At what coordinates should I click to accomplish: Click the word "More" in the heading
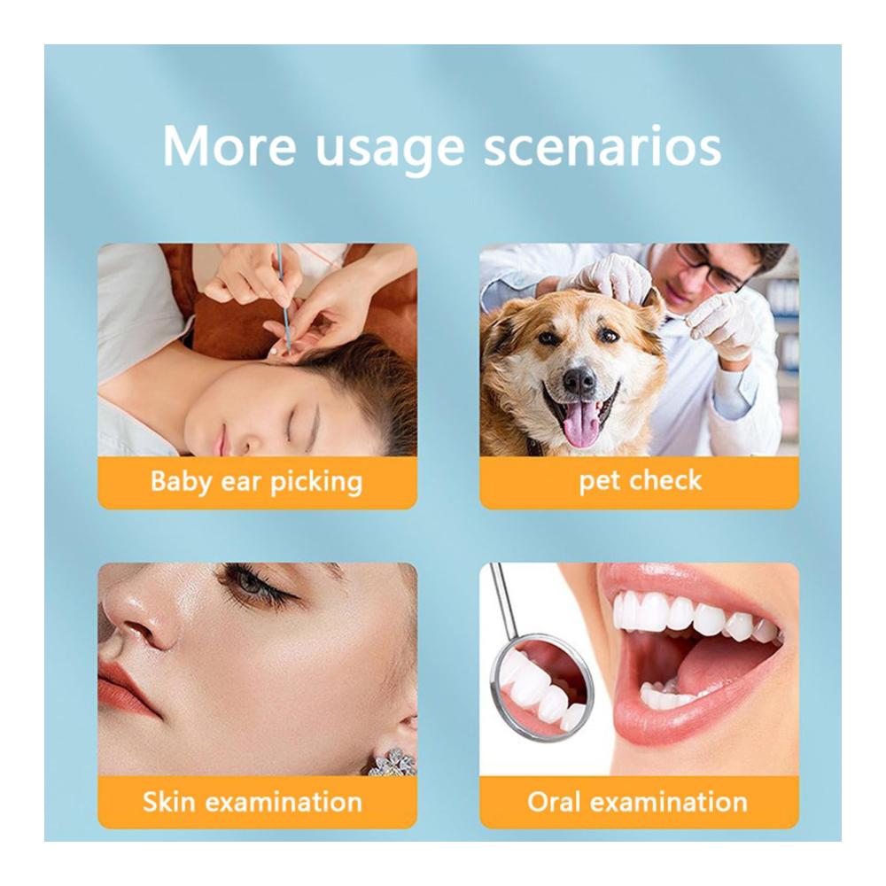point(229,146)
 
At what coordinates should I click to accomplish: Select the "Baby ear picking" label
point(257,482)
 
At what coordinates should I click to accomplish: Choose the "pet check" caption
point(641,481)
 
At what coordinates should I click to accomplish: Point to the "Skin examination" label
point(253,802)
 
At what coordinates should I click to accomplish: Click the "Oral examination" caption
point(637,802)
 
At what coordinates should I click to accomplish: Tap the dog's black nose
point(579,380)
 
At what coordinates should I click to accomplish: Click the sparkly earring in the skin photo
point(392,761)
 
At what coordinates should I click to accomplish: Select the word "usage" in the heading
point(389,151)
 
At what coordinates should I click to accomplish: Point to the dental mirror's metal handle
point(503,600)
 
